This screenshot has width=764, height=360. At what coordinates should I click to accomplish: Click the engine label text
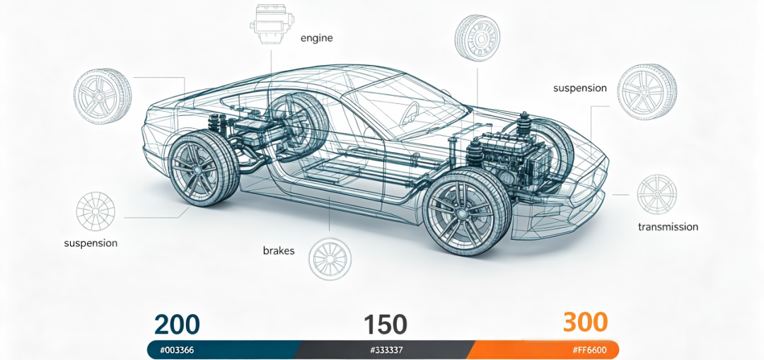click(317, 38)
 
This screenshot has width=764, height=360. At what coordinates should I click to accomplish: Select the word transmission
click(668, 226)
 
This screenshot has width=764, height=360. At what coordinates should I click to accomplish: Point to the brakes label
click(279, 251)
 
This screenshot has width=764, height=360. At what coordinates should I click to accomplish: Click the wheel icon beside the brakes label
click(330, 258)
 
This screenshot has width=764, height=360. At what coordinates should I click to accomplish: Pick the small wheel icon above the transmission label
click(656, 194)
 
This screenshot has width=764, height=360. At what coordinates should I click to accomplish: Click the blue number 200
click(178, 324)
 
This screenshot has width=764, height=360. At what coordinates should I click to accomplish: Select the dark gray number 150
click(386, 324)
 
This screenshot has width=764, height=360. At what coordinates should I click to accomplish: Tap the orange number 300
click(586, 322)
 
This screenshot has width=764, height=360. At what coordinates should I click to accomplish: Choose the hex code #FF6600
click(590, 350)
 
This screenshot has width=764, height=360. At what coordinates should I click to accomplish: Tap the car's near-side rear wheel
click(203, 169)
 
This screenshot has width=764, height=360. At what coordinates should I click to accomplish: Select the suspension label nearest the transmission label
click(580, 88)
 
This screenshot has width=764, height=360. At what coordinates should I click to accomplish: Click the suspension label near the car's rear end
click(91, 243)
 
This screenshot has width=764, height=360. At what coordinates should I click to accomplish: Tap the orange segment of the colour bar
click(543, 350)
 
